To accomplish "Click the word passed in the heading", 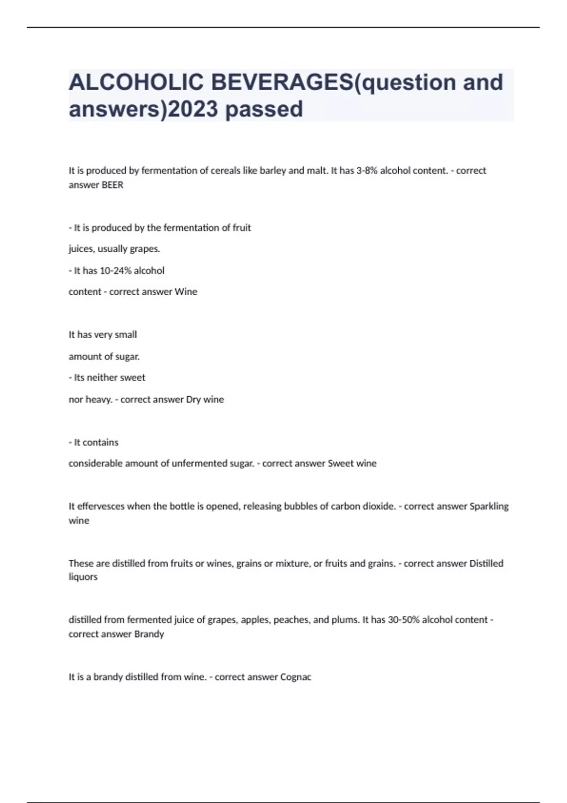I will coord(264,109).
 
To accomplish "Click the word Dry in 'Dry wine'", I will coord(193,400).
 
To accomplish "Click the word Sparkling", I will coord(489,506).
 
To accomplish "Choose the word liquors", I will coord(83,577).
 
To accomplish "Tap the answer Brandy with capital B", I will coord(149,634).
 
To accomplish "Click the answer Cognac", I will coord(296,677).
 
